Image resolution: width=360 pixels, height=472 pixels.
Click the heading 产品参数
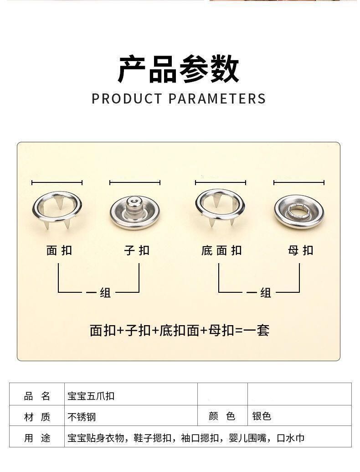pyautogui.click(x=179, y=69)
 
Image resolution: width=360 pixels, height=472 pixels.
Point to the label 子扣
pyautogui.click(x=137, y=250)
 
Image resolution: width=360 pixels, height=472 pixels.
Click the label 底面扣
pyautogui.click(x=221, y=250)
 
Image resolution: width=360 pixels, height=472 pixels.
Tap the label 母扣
pyautogui.click(x=301, y=250)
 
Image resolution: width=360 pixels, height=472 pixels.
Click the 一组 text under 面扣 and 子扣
pyautogui.click(x=99, y=292)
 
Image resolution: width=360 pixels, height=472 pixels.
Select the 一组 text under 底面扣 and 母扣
pyautogui.click(x=259, y=292)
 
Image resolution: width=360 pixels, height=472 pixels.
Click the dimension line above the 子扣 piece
pyautogui.click(x=135, y=183)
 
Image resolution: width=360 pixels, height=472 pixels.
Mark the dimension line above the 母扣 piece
pyautogui.click(x=299, y=183)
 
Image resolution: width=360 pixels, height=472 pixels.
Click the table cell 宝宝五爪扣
pyautogui.click(x=91, y=396)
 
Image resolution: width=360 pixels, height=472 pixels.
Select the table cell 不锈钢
pyautogui.click(x=82, y=417)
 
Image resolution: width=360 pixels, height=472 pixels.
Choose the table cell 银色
pyautogui.click(x=262, y=416)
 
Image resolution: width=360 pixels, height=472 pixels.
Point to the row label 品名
pyautogui.click(x=37, y=396)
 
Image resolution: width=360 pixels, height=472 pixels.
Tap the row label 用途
pyautogui.click(x=37, y=438)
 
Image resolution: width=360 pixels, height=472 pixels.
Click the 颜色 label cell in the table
pyautogui.click(x=222, y=416)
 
